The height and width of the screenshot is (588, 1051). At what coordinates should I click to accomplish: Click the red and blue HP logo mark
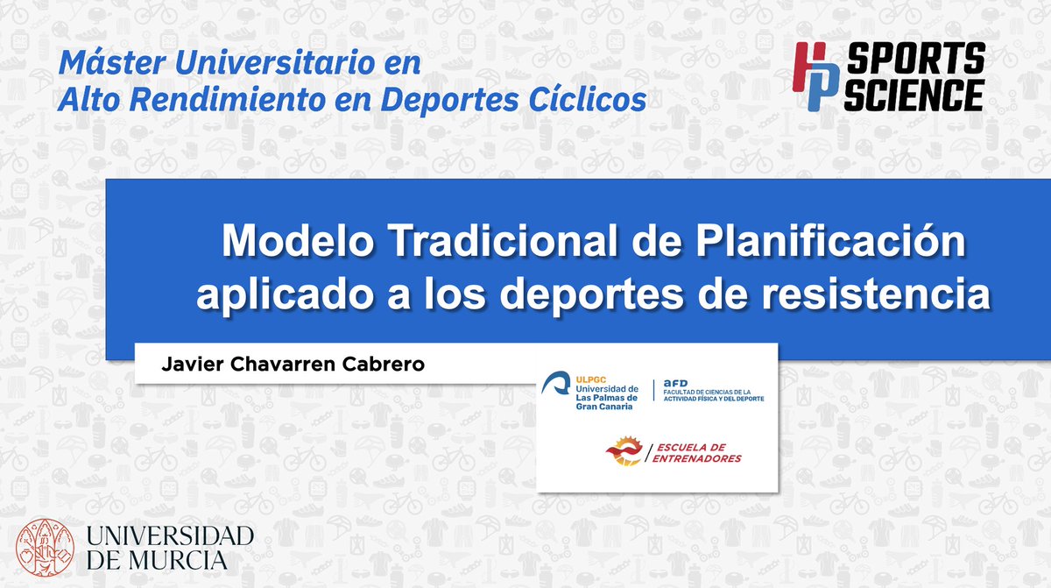817,77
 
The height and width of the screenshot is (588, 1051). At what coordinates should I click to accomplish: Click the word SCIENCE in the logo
913,94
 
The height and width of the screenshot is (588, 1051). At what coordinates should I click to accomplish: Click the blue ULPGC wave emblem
557,384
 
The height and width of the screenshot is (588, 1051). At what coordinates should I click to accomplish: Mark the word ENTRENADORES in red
698,458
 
